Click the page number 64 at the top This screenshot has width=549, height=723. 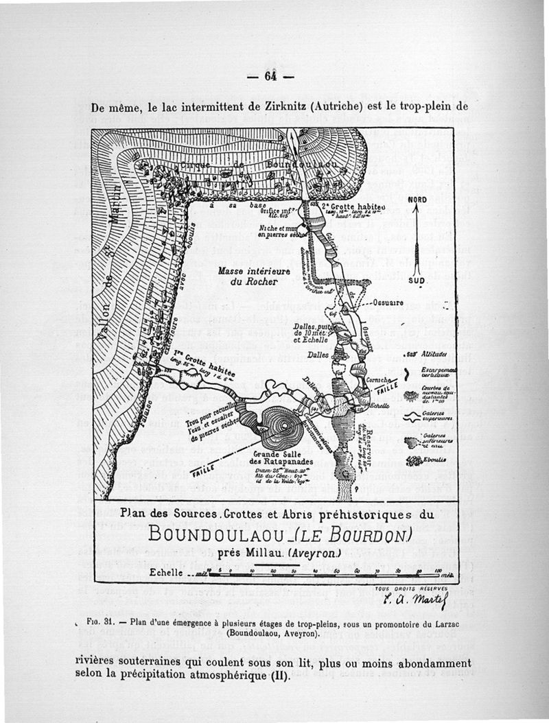(269, 76)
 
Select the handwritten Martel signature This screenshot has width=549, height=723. (411, 603)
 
